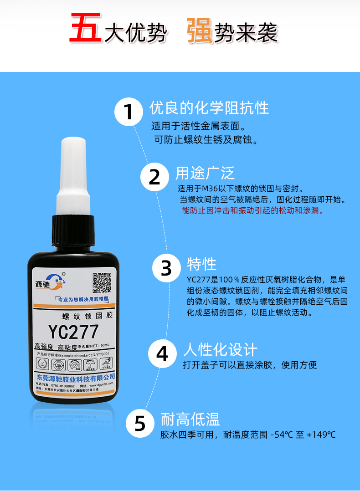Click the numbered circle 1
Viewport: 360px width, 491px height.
point(130,112)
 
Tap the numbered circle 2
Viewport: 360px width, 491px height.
point(155,177)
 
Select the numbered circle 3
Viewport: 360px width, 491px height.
point(166,268)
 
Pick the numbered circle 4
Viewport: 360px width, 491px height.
point(163,354)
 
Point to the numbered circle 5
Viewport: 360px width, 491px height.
point(140,424)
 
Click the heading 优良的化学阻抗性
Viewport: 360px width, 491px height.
point(209,108)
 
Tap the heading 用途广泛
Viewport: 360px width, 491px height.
point(205,173)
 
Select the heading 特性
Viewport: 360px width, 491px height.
point(202,264)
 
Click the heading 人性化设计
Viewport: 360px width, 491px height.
point(220,350)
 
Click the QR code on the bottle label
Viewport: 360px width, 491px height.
point(102,282)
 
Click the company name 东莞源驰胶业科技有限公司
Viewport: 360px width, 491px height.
point(75,378)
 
